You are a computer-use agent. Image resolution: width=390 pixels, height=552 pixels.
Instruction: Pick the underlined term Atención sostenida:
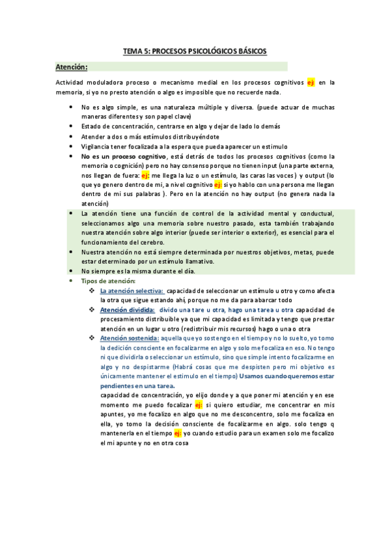point(129,338)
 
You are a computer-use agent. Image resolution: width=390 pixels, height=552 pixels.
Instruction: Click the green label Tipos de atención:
point(108,281)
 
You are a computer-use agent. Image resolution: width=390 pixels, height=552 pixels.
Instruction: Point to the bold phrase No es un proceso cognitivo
point(123,157)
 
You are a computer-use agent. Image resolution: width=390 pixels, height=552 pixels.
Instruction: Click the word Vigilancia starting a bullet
point(95,146)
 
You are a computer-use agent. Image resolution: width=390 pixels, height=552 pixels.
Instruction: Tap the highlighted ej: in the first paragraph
point(311,83)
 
